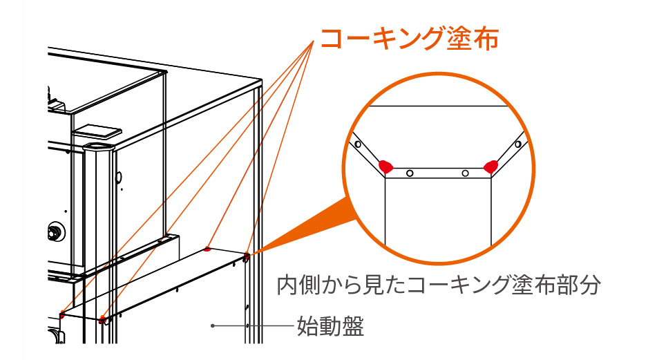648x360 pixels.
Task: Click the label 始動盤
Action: tap(330, 325)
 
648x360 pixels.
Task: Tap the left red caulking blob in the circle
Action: tap(385, 167)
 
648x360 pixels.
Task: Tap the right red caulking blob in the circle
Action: tap(491, 166)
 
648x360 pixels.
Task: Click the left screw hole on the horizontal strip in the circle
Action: tap(410, 173)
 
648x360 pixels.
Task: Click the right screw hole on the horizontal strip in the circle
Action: tap(466, 173)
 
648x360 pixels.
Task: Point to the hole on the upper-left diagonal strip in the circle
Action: tap(357, 145)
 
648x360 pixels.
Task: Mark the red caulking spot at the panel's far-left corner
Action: tap(61, 315)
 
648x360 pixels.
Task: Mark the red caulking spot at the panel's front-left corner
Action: tap(102, 319)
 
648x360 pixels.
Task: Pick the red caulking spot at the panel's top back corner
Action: tap(207, 249)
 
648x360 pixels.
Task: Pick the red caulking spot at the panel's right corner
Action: tap(246, 257)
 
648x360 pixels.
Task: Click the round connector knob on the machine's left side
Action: tap(52, 231)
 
